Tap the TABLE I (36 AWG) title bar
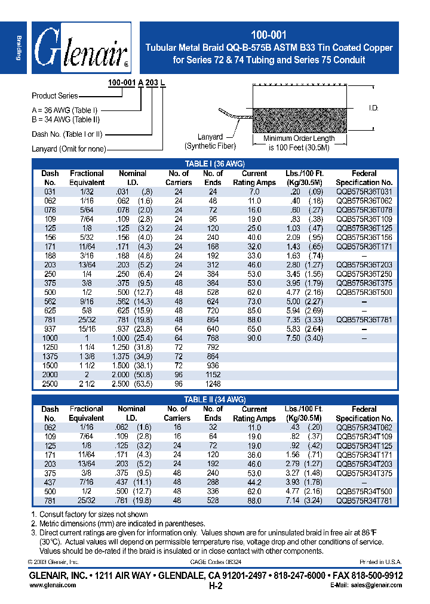click(215, 164)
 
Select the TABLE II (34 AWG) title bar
click(215, 399)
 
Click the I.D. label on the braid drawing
click(374, 108)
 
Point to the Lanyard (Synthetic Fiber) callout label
click(210, 141)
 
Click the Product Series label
click(56, 95)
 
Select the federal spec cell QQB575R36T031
click(364, 192)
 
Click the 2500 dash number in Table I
click(50, 384)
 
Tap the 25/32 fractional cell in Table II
click(87, 501)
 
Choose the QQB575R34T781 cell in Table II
click(364, 501)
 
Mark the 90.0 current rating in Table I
click(254, 338)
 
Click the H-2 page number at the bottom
click(215, 587)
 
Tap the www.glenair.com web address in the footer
click(53, 585)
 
